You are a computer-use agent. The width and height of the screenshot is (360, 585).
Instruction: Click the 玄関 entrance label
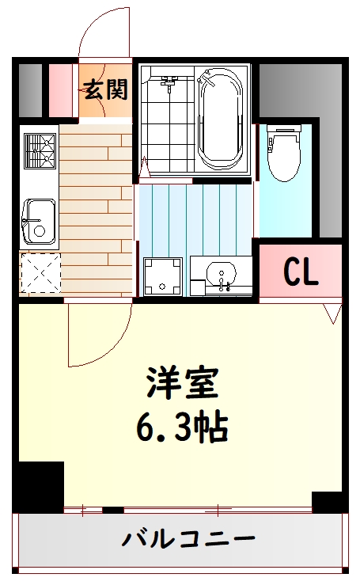click(x=106, y=89)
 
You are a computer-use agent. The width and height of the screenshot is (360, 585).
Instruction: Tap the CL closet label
click(x=301, y=272)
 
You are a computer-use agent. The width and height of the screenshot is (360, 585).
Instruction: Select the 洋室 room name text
click(x=182, y=383)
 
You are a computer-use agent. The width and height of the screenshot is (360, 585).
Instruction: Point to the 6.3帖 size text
click(x=182, y=426)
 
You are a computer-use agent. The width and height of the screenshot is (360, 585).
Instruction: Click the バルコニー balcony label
click(x=188, y=539)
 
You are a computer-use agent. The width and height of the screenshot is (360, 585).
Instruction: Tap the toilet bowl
click(x=284, y=154)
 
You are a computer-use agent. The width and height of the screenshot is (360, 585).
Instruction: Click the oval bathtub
click(x=219, y=118)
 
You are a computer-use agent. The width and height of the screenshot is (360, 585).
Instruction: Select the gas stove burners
click(x=40, y=151)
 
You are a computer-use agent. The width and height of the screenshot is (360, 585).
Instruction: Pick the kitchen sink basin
click(x=39, y=222)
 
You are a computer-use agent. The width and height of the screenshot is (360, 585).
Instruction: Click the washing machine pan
click(x=163, y=276)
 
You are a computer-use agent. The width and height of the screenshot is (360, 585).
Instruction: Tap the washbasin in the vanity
click(x=222, y=272)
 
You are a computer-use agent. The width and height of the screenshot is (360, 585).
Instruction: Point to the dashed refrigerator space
click(x=40, y=273)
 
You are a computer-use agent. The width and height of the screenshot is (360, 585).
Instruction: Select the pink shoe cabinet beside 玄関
click(x=61, y=91)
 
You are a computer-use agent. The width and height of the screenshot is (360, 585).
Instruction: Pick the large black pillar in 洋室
click(x=38, y=487)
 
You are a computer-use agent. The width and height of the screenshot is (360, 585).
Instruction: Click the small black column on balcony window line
click(x=113, y=510)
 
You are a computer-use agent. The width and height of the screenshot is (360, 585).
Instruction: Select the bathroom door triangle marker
click(x=144, y=168)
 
